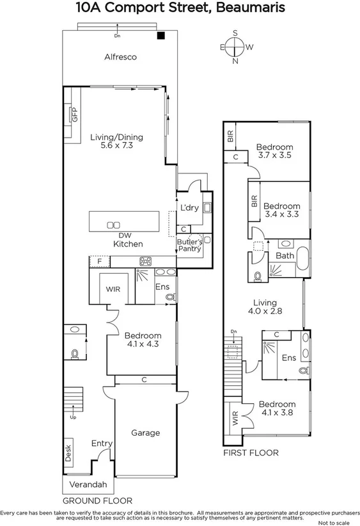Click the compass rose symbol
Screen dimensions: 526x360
click(x=235, y=47)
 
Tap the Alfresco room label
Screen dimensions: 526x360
click(x=121, y=57)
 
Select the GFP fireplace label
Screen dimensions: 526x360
click(x=75, y=116)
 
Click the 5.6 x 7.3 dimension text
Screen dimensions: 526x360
click(x=116, y=146)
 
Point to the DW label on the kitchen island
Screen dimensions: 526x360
click(x=115, y=235)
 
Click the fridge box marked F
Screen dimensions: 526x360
click(x=100, y=261)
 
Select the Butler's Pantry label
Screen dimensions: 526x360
click(x=189, y=245)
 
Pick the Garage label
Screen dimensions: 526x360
click(x=145, y=433)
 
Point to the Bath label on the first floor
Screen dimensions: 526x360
click(x=285, y=256)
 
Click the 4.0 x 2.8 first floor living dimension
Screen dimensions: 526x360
click(x=264, y=312)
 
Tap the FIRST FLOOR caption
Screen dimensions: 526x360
click(x=250, y=452)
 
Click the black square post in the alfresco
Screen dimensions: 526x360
click(x=162, y=36)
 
